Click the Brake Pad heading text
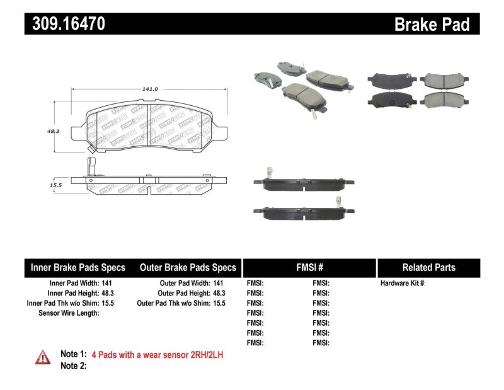pyautogui.click(x=432, y=25)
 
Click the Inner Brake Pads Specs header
pyautogui.click(x=77, y=267)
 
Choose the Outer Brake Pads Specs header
pyautogui.click(x=188, y=267)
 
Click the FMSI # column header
pyautogui.click(x=309, y=267)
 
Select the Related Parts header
pyautogui.click(x=428, y=267)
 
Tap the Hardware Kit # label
pyautogui.click(x=403, y=284)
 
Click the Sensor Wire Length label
pyautogui.click(x=69, y=313)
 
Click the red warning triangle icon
pyautogui.click(x=43, y=357)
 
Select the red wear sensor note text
pyautogui.click(x=157, y=355)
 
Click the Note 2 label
pyautogui.click(x=72, y=365)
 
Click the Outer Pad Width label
pyautogui.click(x=181, y=284)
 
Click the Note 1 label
pyautogui.click(x=72, y=355)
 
